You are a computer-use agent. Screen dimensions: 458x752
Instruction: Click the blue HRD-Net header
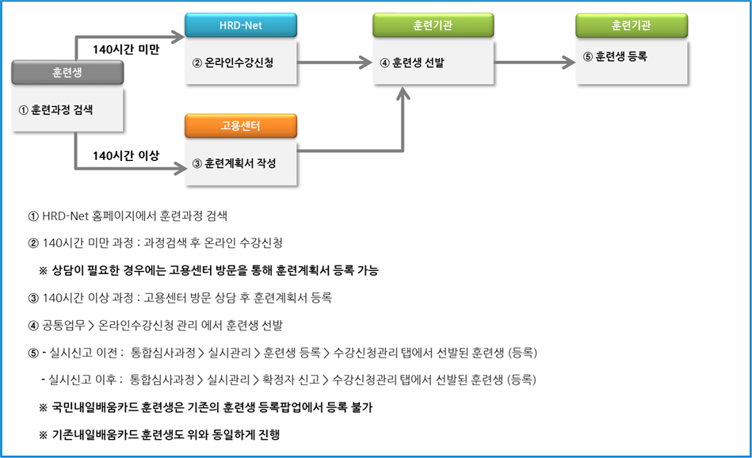coord(241,25)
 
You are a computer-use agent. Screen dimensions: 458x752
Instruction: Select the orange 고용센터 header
coord(241,126)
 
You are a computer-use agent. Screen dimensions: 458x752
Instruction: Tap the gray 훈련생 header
coord(67,72)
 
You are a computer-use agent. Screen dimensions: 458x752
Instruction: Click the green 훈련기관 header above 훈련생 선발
coord(433,25)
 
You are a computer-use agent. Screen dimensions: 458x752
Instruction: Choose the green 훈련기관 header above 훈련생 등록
coord(632,25)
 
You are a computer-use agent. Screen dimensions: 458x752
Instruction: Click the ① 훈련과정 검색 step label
coord(56,110)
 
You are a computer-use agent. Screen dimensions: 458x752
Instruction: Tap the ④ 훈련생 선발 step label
coord(412,63)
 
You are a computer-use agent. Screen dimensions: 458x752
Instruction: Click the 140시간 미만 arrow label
coord(126,49)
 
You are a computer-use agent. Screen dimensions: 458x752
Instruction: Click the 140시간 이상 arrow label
coord(126,155)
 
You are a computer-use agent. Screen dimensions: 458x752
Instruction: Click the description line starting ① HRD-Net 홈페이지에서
coord(128,216)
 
